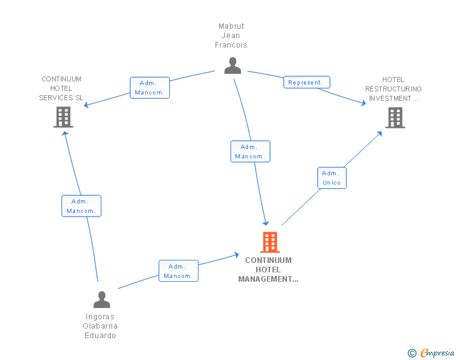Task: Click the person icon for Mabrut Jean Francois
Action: [x=232, y=65]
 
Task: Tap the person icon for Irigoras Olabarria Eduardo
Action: [x=101, y=299]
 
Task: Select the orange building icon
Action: [x=269, y=242]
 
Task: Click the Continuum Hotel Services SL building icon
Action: [x=63, y=116]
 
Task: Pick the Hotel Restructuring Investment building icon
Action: [x=395, y=117]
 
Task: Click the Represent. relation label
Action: [x=306, y=82]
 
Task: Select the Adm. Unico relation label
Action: [x=331, y=178]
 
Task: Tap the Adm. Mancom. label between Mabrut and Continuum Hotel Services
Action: [x=150, y=88]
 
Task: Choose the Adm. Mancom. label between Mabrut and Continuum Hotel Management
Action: [x=250, y=152]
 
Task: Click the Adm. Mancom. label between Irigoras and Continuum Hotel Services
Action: [x=81, y=206]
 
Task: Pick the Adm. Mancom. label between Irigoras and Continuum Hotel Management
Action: [x=178, y=271]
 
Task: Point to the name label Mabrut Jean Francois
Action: [x=231, y=36]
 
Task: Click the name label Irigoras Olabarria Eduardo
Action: [x=100, y=326]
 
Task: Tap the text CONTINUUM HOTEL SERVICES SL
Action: [x=61, y=88]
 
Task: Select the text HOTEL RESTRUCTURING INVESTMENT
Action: [x=393, y=89]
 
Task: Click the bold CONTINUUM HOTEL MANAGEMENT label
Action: [x=268, y=270]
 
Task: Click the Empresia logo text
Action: [x=437, y=353]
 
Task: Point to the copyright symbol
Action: [x=412, y=353]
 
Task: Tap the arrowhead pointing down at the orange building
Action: [x=266, y=222]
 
